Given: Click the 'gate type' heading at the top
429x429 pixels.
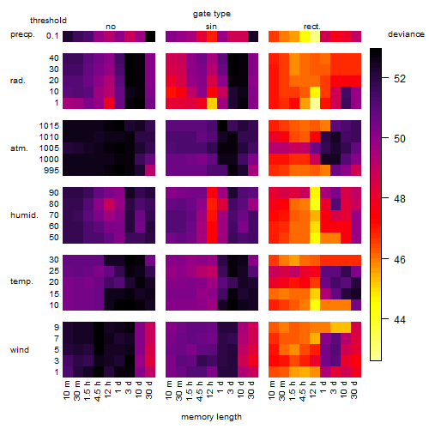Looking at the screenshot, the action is point(212,14).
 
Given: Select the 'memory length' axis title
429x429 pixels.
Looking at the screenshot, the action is point(211,417).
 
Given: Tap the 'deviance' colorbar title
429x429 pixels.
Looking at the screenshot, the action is point(406,34).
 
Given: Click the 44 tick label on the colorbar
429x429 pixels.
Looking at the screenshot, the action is point(400,319).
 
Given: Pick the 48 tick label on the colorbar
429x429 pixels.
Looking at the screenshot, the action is point(400,198).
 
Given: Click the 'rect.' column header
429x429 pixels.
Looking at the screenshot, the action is point(311,27).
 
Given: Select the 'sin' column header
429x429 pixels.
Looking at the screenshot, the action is point(211,27).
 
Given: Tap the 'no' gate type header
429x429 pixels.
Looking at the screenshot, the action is point(111,27).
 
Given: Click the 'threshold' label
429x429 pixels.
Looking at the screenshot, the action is point(48,21).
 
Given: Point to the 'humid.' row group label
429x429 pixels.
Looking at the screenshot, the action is point(24,215).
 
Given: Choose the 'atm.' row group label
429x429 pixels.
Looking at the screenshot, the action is point(19,148).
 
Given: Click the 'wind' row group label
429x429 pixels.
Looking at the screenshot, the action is point(20,350).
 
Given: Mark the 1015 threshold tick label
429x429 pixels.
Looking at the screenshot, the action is point(49,126).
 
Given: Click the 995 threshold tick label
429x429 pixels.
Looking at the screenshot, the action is point(51,171).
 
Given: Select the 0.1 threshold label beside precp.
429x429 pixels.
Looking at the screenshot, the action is point(52,36).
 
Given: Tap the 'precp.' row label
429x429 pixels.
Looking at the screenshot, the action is point(22,34).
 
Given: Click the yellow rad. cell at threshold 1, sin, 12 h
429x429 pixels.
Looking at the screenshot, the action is point(212,103).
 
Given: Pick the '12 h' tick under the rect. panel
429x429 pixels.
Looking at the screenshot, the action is point(312,390).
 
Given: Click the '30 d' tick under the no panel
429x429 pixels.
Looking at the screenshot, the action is point(149,390).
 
